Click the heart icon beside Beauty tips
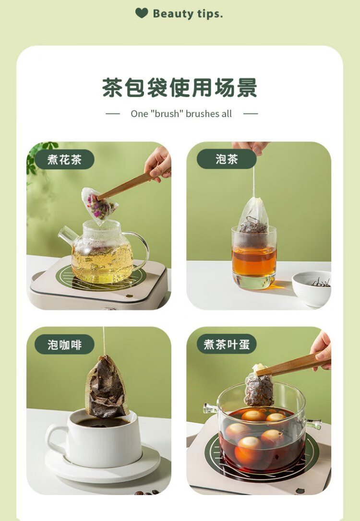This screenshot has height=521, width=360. tap(142, 13)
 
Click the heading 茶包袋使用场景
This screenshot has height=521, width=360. tap(180, 88)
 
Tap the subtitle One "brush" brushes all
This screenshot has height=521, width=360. tap(181, 114)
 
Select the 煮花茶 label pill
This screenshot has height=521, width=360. tap(64, 159)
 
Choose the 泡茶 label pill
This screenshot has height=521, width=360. tap(227, 159)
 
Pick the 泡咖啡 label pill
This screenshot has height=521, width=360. tap(64, 344)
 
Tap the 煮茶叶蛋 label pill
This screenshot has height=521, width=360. tap(227, 344)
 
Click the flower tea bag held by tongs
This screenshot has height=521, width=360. tap(99, 205)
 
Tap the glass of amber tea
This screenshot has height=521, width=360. tap(254, 258)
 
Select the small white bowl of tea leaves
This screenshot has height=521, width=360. tap(312, 288)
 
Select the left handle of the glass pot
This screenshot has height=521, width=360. tap(210, 408)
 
